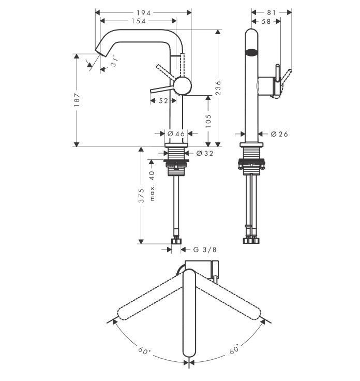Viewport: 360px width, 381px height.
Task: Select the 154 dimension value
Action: (x=138, y=21)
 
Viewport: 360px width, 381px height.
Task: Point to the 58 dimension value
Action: (x=266, y=21)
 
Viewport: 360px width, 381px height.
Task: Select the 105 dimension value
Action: (x=208, y=121)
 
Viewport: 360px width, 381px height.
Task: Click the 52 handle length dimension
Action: (x=163, y=101)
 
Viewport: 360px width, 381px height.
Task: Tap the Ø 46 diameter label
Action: (x=176, y=134)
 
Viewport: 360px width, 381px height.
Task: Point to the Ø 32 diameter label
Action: (x=205, y=153)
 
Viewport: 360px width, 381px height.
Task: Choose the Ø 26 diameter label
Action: (x=279, y=134)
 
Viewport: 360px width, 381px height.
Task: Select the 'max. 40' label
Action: (x=152, y=186)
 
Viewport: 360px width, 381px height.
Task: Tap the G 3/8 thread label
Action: (x=205, y=250)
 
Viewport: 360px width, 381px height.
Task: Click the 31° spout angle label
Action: (x=115, y=61)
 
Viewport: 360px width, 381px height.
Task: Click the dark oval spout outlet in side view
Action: (x=251, y=52)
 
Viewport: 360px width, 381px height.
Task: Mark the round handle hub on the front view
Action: (x=182, y=85)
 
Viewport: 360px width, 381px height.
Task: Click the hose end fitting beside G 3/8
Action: (x=177, y=240)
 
